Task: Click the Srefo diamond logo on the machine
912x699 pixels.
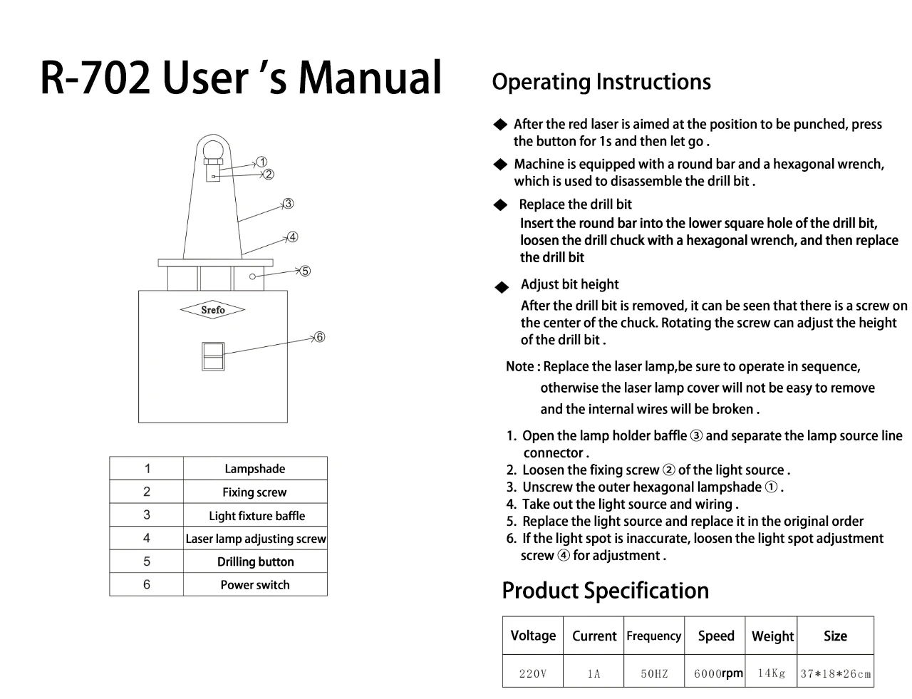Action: pyautogui.click(x=212, y=310)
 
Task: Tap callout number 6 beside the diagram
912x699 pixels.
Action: pyautogui.click(x=320, y=336)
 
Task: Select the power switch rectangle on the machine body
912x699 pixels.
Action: pyautogui.click(x=212, y=356)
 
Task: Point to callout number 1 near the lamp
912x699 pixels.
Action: pyautogui.click(x=262, y=162)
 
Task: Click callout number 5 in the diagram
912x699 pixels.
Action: pyautogui.click(x=305, y=271)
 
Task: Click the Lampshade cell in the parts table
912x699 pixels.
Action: pyautogui.click(x=254, y=469)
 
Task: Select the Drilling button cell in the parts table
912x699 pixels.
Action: pyautogui.click(x=255, y=561)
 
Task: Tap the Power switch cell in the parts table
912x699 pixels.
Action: pyautogui.click(x=255, y=585)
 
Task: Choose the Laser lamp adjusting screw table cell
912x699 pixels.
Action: pyautogui.click(x=255, y=539)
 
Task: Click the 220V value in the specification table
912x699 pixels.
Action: pyautogui.click(x=532, y=673)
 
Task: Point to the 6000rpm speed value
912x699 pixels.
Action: pyautogui.click(x=717, y=673)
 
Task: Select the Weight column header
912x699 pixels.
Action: pyautogui.click(x=772, y=636)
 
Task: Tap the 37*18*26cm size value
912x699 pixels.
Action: pyautogui.click(x=835, y=673)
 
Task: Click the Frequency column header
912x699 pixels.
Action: pyautogui.click(x=653, y=636)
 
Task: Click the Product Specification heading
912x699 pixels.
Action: pyautogui.click(x=605, y=591)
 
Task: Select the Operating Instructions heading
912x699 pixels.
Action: pyautogui.click(x=601, y=82)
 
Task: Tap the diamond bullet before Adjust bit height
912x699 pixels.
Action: pyautogui.click(x=502, y=288)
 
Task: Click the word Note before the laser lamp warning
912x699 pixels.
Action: pyautogui.click(x=519, y=367)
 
